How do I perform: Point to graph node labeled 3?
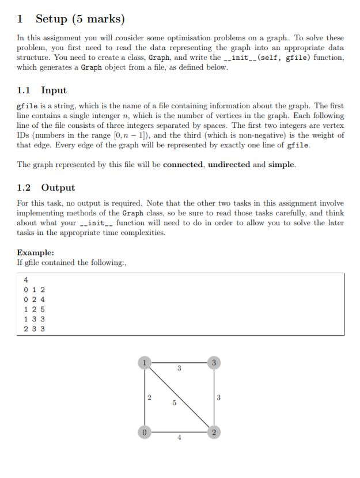[x=214, y=363]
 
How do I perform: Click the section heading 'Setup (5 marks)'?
[x=79, y=18]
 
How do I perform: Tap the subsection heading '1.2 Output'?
[x=46, y=188]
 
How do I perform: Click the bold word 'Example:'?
[x=36, y=253]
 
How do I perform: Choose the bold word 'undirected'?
[x=229, y=165]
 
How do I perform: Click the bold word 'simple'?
[x=281, y=165]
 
